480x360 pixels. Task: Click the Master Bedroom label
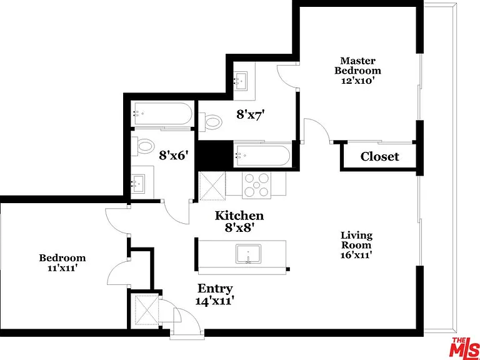(x=357, y=71)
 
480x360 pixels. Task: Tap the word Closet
(x=379, y=157)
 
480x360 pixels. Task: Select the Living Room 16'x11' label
(x=357, y=245)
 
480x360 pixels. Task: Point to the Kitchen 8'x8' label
(x=239, y=222)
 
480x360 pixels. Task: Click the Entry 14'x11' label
(x=215, y=294)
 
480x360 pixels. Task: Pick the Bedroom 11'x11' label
(x=62, y=262)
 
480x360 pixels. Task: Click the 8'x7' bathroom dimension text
(x=250, y=115)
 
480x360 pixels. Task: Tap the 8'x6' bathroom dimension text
(x=173, y=156)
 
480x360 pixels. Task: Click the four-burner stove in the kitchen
(x=256, y=185)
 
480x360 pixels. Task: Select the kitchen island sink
(x=248, y=254)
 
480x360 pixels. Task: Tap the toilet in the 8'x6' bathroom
(x=143, y=146)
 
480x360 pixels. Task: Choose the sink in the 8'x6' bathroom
(x=139, y=184)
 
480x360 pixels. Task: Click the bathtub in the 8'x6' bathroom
(x=162, y=114)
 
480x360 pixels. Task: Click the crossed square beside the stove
(x=212, y=186)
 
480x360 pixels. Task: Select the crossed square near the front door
(x=147, y=310)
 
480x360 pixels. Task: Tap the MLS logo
(x=466, y=348)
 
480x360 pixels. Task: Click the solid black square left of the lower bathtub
(x=212, y=156)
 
